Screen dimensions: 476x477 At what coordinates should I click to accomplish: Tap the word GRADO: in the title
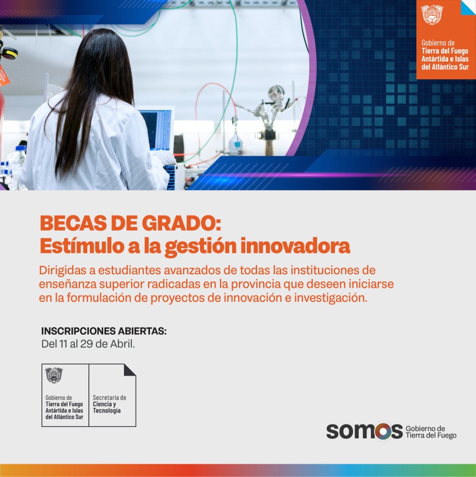(x=181, y=223)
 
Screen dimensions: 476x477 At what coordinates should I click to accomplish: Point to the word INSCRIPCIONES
(x=78, y=331)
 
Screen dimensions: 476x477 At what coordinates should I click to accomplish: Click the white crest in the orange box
(x=432, y=15)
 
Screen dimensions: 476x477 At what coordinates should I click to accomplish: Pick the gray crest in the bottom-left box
(x=54, y=375)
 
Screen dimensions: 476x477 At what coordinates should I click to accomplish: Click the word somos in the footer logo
(x=364, y=431)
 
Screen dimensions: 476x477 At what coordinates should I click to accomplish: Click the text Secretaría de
(x=109, y=398)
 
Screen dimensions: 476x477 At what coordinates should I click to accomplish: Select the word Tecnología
(x=107, y=411)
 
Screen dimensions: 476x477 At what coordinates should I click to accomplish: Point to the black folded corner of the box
(x=130, y=370)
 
